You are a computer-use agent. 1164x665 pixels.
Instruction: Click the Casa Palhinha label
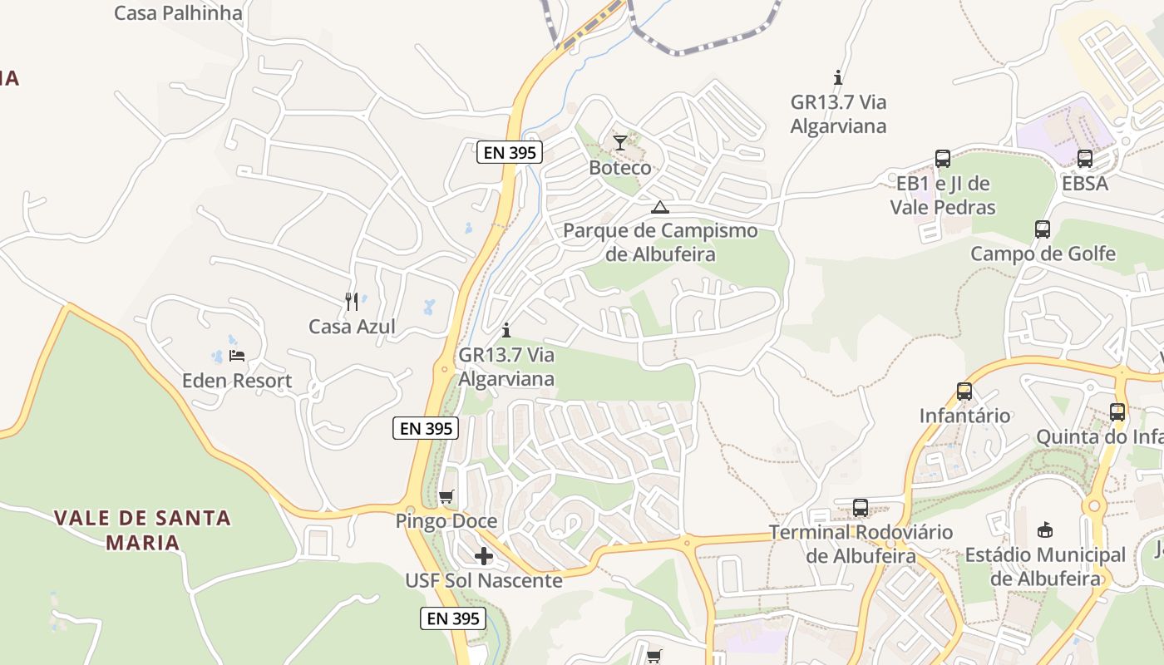[178, 13]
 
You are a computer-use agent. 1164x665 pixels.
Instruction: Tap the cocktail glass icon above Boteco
[620, 143]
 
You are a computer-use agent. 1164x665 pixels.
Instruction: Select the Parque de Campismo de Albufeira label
[660, 242]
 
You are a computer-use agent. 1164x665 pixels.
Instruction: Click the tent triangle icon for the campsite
[660, 207]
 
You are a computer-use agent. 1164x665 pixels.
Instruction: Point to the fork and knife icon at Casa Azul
[352, 301]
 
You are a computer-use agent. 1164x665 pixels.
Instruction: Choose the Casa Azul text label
[352, 327]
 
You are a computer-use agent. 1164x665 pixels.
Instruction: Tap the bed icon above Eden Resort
[237, 356]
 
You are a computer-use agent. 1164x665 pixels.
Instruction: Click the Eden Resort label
[237, 382]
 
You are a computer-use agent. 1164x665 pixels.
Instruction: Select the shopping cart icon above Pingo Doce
[446, 497]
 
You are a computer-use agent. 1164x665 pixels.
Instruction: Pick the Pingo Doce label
[446, 522]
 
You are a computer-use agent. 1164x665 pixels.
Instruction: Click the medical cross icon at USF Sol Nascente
[484, 556]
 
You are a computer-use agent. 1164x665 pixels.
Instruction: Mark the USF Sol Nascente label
[484, 581]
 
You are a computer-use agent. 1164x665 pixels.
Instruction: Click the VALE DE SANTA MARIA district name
[142, 530]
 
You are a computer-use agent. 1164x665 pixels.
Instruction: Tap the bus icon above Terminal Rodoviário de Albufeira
[861, 507]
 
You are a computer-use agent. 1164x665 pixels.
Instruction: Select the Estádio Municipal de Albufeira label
[1045, 566]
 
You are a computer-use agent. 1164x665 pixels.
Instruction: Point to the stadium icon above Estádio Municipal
[1045, 530]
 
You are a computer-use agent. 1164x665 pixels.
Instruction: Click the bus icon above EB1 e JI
[943, 159]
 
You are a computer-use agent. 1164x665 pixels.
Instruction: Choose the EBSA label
[1084, 184]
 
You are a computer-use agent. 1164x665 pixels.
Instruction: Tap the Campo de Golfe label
[1043, 254]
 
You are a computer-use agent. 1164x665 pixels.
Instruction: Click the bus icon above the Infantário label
[964, 391]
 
